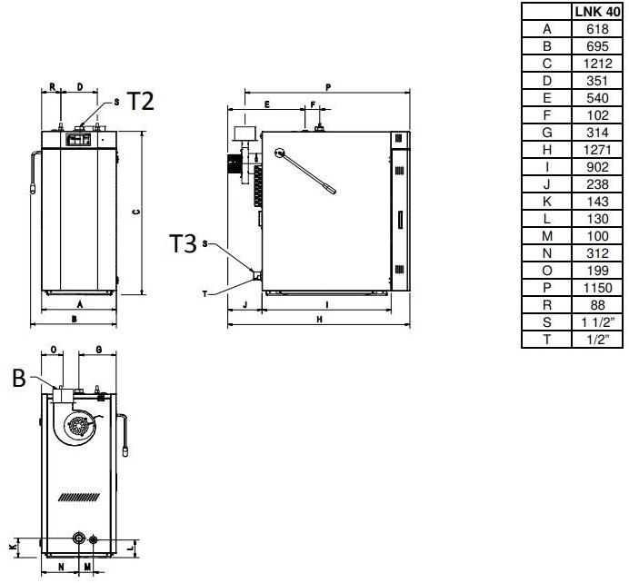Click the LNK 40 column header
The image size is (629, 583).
click(597, 12)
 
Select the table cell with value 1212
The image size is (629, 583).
click(597, 64)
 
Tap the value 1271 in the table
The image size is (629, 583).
click(597, 150)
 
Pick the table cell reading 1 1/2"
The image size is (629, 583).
click(597, 322)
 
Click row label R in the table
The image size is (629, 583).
click(547, 305)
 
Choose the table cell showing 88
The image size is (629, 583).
click(597, 305)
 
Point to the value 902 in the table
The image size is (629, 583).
click(597, 167)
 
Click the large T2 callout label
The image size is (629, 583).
click(140, 101)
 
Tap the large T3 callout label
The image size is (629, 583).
click(183, 242)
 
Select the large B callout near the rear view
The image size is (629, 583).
click(19, 378)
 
